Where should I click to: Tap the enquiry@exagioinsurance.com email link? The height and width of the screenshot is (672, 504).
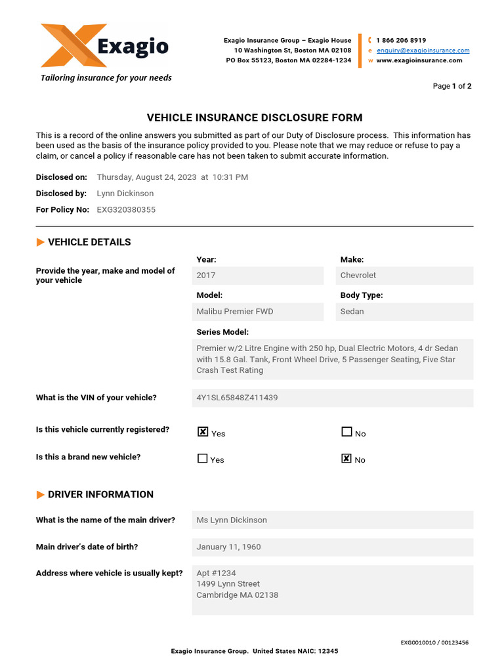[423, 51]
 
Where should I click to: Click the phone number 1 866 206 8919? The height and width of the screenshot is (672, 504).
[401, 40]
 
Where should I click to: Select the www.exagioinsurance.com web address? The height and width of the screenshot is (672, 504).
[419, 60]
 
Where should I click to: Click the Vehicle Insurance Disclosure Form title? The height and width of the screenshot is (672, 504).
[255, 118]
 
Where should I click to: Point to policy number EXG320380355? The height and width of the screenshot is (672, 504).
[126, 210]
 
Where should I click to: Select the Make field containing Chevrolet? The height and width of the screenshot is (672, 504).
[406, 276]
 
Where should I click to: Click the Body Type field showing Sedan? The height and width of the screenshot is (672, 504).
[406, 312]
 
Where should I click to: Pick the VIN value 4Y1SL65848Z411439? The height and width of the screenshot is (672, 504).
[237, 398]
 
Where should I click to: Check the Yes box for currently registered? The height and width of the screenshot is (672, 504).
[203, 432]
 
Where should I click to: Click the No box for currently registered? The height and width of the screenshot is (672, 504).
[346, 432]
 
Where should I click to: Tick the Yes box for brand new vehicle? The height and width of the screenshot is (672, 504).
[203, 459]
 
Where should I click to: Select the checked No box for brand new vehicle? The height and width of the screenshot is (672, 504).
[346, 459]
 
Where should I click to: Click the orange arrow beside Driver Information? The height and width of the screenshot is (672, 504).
[41, 495]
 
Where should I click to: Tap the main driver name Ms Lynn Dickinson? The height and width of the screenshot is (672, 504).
[232, 520]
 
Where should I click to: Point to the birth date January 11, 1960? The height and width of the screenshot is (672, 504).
[228, 547]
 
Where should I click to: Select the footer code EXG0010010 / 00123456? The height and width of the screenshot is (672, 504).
[434, 643]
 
